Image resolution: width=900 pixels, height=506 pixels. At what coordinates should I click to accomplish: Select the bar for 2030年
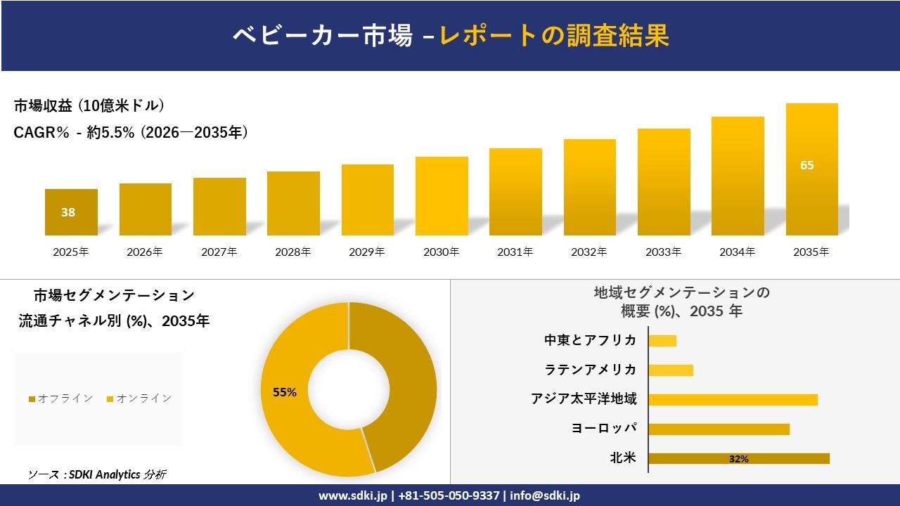442,196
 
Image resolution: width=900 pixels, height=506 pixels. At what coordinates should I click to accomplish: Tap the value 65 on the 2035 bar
807,166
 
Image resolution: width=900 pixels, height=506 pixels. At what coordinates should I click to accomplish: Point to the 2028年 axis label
292,252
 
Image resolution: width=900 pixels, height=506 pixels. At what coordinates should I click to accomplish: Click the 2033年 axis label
663,252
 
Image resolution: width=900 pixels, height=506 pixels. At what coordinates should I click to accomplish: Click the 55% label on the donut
285,393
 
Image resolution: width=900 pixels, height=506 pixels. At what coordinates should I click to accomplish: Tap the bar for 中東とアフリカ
662,341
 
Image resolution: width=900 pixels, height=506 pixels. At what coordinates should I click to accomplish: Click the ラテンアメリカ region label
591,370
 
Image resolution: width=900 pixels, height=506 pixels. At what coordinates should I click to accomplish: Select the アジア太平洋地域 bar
733,400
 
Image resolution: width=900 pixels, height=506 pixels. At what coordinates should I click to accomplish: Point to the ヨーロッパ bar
719,429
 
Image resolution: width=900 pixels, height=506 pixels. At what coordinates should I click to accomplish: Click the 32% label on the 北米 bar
738,459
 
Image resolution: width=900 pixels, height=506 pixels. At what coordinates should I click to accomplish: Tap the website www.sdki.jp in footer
352,495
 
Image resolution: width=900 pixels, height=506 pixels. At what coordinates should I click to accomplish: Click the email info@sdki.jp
545,495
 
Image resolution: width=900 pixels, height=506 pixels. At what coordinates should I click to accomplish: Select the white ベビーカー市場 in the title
323,36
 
